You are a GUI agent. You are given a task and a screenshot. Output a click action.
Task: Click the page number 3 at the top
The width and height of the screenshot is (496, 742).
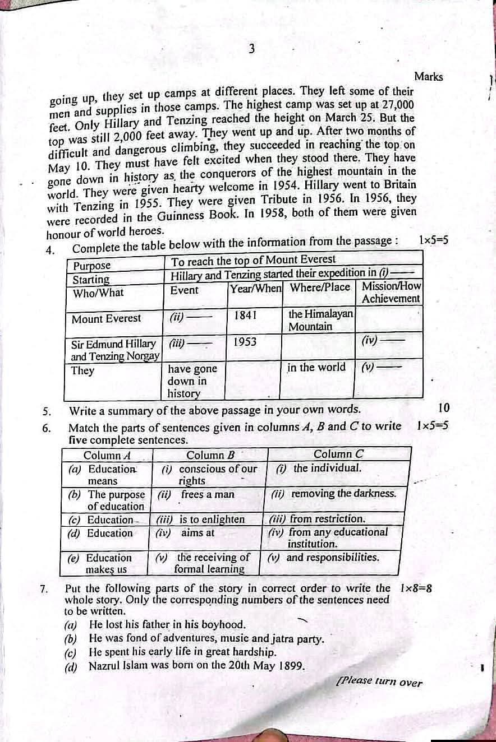252,49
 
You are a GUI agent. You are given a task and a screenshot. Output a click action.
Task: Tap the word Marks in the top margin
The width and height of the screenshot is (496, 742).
428,77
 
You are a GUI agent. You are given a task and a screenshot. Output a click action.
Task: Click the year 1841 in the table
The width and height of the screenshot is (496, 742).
246,315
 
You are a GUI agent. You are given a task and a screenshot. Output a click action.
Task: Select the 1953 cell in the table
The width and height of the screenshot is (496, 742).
245,341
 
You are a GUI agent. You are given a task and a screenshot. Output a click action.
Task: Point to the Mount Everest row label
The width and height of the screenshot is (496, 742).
107,318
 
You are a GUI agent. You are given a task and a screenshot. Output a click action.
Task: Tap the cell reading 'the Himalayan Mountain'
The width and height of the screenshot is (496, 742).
320,320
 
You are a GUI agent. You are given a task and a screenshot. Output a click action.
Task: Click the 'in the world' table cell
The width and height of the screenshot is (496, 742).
316,368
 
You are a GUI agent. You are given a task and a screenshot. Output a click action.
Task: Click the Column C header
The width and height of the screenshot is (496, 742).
338,454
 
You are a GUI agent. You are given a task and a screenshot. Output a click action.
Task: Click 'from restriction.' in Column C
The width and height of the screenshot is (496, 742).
318,519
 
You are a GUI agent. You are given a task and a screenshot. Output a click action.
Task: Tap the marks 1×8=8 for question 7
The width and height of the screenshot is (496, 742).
416,588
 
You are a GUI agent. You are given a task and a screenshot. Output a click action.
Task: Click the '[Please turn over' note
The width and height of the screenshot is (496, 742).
379,681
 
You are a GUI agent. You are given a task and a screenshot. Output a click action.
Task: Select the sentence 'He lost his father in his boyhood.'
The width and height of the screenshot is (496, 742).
167,624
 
